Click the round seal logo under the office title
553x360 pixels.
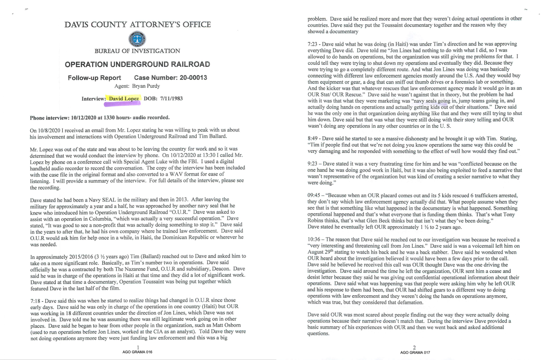point(137,39)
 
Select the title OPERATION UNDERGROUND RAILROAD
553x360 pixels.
point(137,65)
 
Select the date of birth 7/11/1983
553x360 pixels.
point(169,99)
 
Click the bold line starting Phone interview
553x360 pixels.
point(100,117)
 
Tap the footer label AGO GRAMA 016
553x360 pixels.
point(137,352)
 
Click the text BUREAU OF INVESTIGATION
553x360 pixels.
point(137,51)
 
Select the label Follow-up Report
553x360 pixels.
point(94,78)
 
